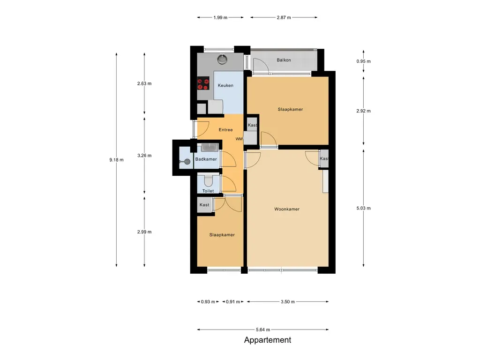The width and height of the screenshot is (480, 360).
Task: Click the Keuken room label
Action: (x=225, y=85)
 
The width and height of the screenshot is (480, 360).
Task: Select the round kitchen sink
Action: (x=222, y=60)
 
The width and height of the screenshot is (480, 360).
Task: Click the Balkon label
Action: (x=284, y=60)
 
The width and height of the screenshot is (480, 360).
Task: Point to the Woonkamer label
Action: (x=287, y=209)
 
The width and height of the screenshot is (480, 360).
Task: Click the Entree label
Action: (x=225, y=130)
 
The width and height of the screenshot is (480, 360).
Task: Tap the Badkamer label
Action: (x=206, y=159)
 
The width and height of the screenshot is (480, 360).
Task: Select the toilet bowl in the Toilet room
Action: (x=208, y=180)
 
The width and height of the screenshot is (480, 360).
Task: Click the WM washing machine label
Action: (x=239, y=139)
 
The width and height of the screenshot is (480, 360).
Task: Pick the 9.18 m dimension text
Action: (x=116, y=160)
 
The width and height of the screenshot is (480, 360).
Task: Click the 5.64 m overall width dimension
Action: (x=262, y=330)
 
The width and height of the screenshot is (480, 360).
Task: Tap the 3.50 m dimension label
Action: (x=287, y=302)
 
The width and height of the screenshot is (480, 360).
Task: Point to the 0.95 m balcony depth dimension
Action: (x=363, y=61)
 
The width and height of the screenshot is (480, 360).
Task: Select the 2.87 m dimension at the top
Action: (x=284, y=17)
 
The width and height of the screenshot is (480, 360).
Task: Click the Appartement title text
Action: (x=267, y=340)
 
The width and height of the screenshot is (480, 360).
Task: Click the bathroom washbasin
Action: (x=209, y=148)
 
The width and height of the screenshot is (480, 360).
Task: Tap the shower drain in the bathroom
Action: (x=187, y=162)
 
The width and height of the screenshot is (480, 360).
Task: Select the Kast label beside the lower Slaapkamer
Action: (x=204, y=205)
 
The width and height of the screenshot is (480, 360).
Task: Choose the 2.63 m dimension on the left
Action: (x=144, y=83)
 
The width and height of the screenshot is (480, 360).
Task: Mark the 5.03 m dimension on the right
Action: (x=363, y=209)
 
